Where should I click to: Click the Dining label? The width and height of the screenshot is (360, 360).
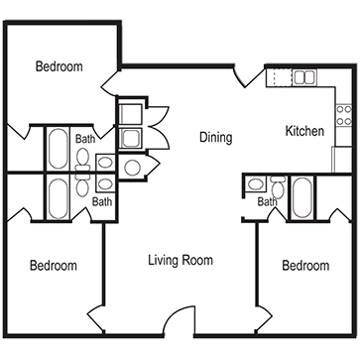click(x=216, y=137)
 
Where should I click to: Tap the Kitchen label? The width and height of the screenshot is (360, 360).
click(x=304, y=131)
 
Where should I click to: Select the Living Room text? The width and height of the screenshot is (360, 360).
click(x=180, y=260)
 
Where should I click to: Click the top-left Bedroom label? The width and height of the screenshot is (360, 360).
click(x=60, y=66)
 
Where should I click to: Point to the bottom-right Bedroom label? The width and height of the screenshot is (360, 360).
click(x=305, y=266)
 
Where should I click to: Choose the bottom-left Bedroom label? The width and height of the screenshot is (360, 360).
click(x=54, y=266)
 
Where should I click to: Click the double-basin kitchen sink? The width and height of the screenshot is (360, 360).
click(x=304, y=77)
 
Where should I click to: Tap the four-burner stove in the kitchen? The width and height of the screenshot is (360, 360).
click(x=344, y=115)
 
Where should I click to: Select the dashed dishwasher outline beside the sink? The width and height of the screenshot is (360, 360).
click(x=283, y=77)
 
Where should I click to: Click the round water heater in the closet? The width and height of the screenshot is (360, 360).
click(x=133, y=168)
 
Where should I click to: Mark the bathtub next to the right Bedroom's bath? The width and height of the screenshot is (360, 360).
click(x=302, y=197)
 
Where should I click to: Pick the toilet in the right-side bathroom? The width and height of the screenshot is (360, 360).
click(x=278, y=186)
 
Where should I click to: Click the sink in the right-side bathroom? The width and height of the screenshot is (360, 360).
click(x=255, y=183)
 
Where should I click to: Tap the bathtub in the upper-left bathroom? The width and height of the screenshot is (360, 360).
click(x=59, y=149)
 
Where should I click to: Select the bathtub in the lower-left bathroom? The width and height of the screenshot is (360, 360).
click(x=59, y=198)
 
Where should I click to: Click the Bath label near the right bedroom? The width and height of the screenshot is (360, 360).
click(x=267, y=201)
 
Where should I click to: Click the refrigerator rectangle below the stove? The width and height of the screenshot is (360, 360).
click(x=342, y=160)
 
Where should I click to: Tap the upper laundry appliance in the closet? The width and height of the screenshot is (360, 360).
click(x=130, y=114)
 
